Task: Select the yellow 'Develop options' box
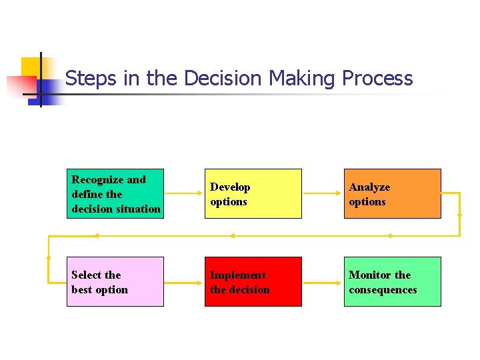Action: (x=253, y=193)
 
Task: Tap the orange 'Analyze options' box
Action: (x=392, y=193)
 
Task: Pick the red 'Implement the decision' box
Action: (x=253, y=281)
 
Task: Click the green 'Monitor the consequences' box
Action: (x=392, y=281)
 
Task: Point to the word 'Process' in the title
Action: (x=377, y=79)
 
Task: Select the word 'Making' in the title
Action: (x=301, y=79)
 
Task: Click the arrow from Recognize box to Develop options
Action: (x=184, y=193)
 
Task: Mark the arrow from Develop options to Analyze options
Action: (x=323, y=193)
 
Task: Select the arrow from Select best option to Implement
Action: (x=184, y=281)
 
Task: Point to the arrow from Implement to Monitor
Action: (x=323, y=281)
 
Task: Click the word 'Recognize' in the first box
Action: (x=97, y=179)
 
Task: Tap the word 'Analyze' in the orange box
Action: (x=369, y=187)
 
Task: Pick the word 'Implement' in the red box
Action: (x=238, y=275)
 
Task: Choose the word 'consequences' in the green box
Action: (x=383, y=290)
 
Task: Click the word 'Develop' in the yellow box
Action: (x=230, y=187)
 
